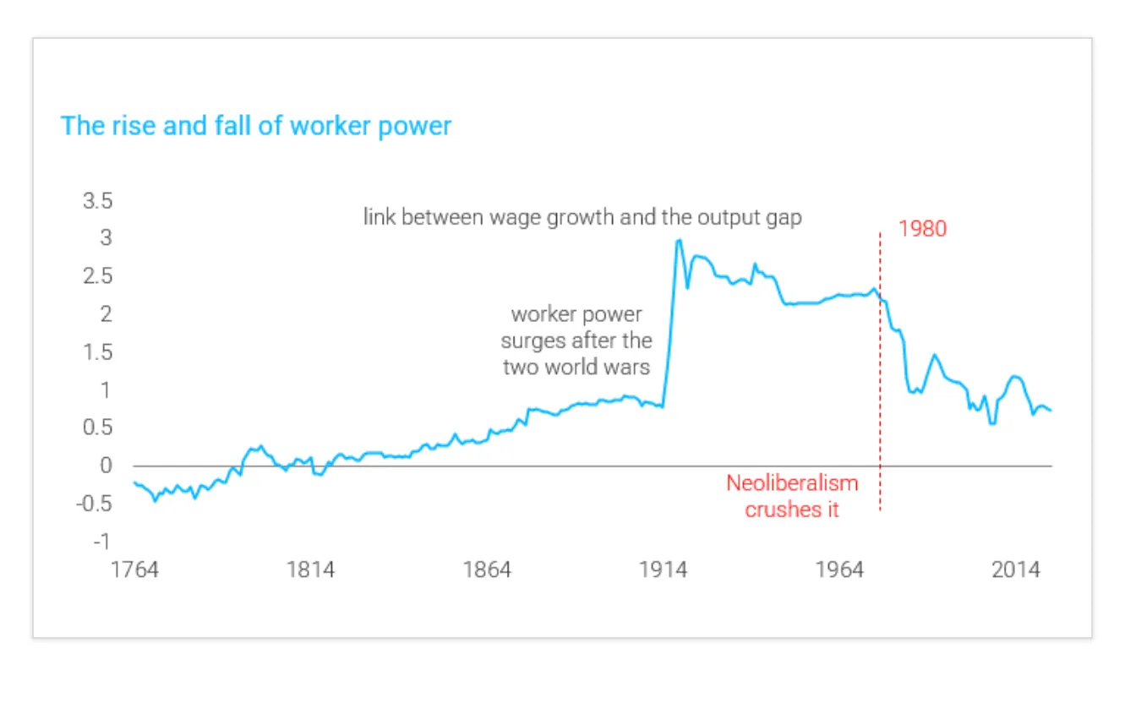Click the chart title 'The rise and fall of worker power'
pos(256,127)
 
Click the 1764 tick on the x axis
pos(134,569)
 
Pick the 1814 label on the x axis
pos(310,569)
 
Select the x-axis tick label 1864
pos(487,569)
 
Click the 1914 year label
pos(664,569)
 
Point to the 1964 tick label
pos(839,569)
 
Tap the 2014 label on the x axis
pos(1016,569)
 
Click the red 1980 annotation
pos(922,229)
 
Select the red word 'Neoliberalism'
pos(792,483)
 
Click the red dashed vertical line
pos(880,380)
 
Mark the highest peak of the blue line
pos(678,241)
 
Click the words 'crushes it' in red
pos(792,510)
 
